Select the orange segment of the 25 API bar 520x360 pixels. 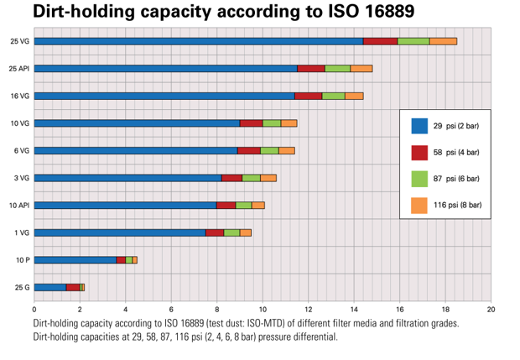point(361,68)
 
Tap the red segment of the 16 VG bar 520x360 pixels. point(309,96)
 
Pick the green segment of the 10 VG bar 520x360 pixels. point(272,123)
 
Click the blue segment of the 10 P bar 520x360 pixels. point(75,260)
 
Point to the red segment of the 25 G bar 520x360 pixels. point(73,288)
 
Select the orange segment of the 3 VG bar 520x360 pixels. point(268,178)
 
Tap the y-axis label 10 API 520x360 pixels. point(19,205)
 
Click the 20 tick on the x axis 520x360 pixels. point(491,308)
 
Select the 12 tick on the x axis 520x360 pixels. point(309,308)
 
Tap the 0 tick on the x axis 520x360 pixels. point(34,308)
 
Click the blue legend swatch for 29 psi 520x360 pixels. point(419,126)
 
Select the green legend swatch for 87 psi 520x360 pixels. point(419,179)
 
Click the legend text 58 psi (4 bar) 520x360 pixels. point(456,152)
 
